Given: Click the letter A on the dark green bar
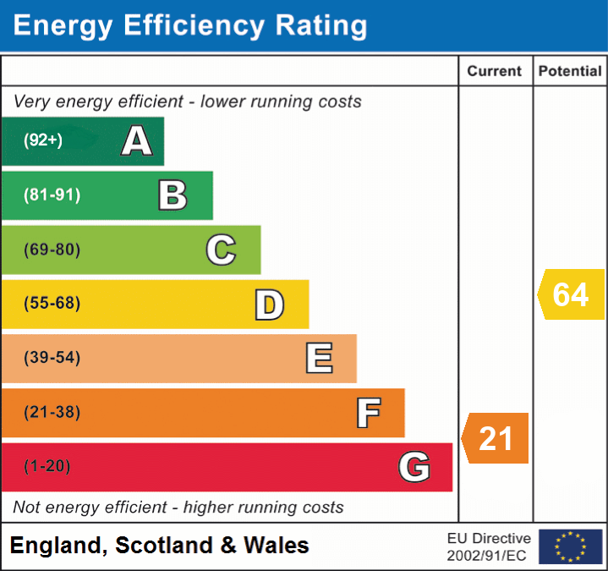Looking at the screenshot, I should (137, 140).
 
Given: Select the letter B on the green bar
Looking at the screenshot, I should (173, 195).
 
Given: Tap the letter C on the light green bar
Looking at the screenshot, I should (221, 250).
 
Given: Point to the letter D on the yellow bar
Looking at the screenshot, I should (270, 305).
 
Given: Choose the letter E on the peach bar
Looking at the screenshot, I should (319, 359).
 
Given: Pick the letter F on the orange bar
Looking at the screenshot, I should (368, 413).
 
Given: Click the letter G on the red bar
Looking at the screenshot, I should (414, 466).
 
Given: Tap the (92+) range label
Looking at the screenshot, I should (43, 140).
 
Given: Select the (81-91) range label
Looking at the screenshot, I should (52, 195).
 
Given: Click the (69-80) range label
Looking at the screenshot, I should (52, 250).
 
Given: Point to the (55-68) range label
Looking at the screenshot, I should (52, 304).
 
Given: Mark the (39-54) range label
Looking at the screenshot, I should (52, 358).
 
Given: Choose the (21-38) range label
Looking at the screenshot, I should (52, 413).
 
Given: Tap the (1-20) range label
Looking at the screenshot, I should (47, 466).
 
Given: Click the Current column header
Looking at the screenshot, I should (496, 72).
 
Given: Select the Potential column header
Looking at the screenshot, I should (570, 72).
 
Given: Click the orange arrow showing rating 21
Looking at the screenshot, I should (496, 438).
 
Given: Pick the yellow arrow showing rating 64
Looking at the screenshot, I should (571, 294).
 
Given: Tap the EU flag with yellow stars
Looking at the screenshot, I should (570, 546).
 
